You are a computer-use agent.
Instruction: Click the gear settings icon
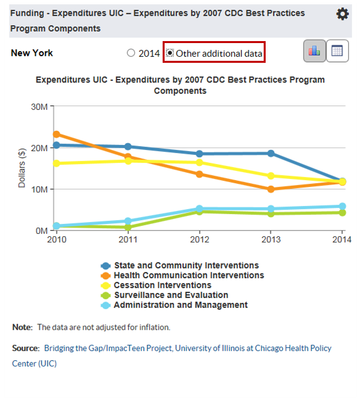[342, 15]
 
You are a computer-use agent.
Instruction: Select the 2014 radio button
[131, 53]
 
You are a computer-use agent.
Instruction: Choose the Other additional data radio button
[170, 53]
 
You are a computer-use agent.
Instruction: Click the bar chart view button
[314, 51]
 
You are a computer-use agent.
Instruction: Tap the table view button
[337, 51]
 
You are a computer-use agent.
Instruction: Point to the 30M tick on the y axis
[39, 107]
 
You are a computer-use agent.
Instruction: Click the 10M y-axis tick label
[39, 189]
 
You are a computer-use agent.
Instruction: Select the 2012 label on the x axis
[199, 239]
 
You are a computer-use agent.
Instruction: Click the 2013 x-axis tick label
[271, 239]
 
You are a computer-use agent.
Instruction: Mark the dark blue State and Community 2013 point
[271, 153]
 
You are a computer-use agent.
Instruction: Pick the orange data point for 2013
[271, 189]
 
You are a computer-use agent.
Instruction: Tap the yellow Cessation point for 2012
[199, 162]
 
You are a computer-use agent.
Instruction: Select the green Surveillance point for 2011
[128, 227]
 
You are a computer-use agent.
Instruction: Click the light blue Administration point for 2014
[342, 206]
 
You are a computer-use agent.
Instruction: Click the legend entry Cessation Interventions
[162, 285]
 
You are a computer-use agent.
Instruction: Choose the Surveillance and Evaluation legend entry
[171, 295]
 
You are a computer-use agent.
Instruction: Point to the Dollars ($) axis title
[22, 168]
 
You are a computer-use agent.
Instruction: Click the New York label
[32, 53]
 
